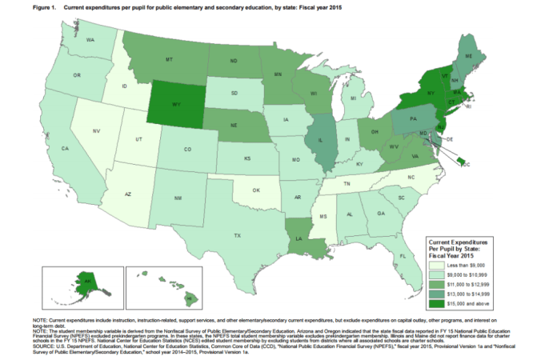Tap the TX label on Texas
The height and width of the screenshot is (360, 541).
pos(237,235)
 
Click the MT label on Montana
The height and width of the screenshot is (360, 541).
pos(170,60)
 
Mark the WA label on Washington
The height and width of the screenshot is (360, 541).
pos(90,38)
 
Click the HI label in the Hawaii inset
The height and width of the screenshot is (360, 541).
pos(190,296)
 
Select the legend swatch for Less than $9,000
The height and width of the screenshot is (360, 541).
pos(439,263)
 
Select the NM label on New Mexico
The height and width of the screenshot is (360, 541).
pos(178,197)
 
